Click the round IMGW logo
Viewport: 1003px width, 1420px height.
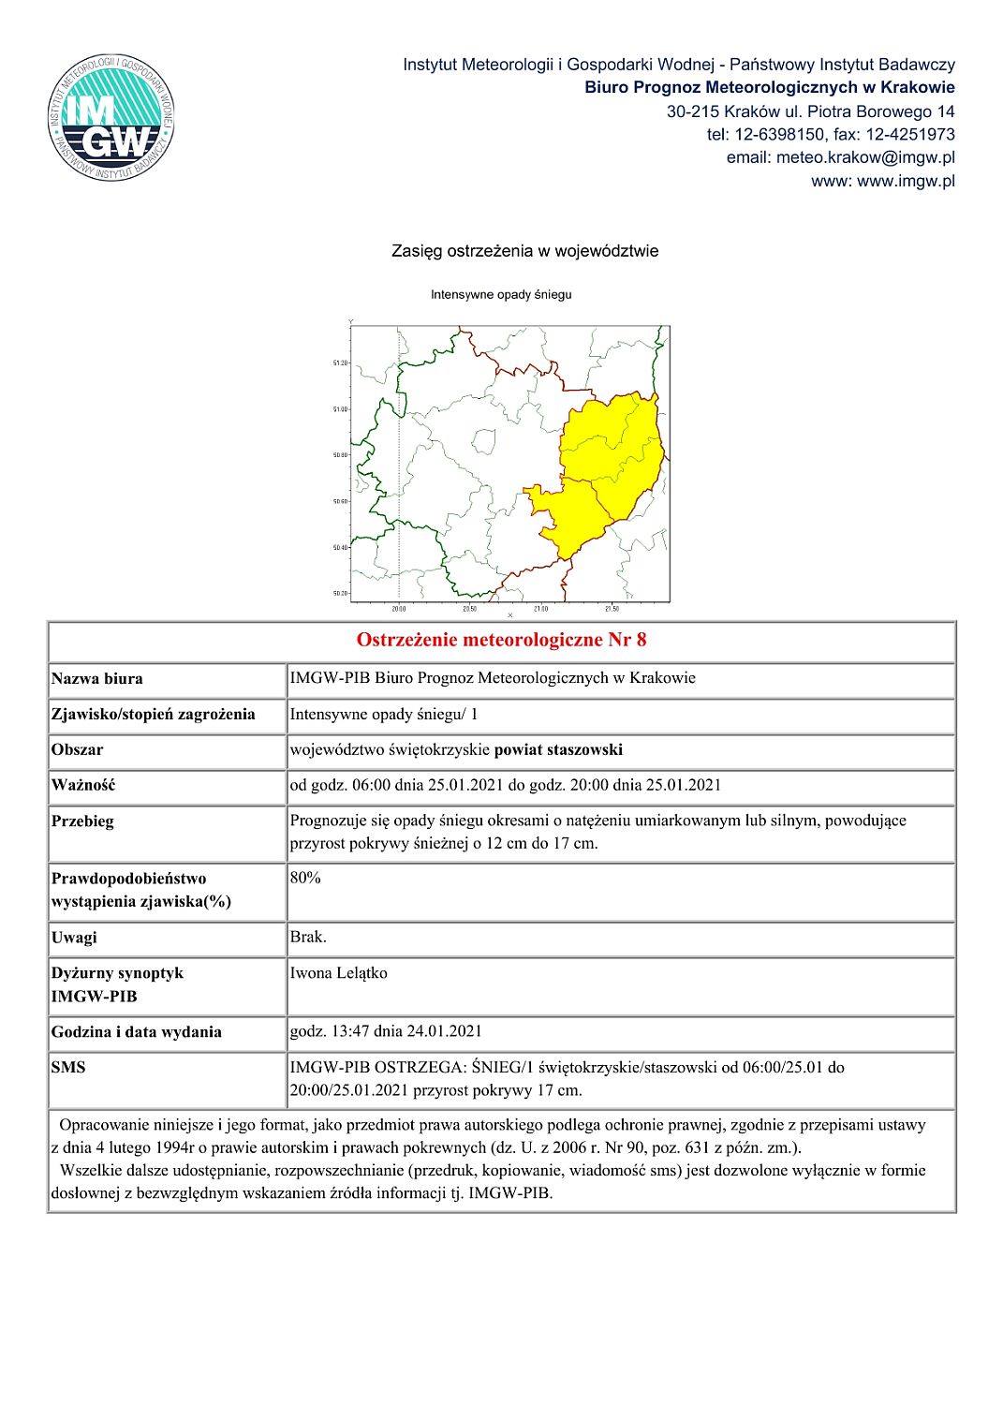111,118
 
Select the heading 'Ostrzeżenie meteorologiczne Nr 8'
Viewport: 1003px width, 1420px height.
501,640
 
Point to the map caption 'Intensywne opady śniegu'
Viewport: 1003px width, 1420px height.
501,294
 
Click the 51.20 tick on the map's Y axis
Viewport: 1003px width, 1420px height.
340,362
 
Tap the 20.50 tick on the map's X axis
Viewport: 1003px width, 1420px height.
470,609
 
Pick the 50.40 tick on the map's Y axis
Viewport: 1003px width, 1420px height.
340,547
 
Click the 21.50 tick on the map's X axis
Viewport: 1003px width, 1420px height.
612,609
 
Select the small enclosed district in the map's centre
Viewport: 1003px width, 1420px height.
483,441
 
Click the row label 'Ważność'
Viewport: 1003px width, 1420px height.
83,785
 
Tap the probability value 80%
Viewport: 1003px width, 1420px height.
305,878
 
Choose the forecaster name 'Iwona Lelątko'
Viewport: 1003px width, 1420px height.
338,973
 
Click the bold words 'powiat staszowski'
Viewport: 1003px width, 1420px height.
558,749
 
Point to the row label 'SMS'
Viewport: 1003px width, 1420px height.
68,1068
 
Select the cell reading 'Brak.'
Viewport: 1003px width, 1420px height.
308,937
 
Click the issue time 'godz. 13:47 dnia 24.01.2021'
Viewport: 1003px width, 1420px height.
386,1031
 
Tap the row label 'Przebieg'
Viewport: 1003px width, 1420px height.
82,821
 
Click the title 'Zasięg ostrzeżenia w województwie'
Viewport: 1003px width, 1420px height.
524,251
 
